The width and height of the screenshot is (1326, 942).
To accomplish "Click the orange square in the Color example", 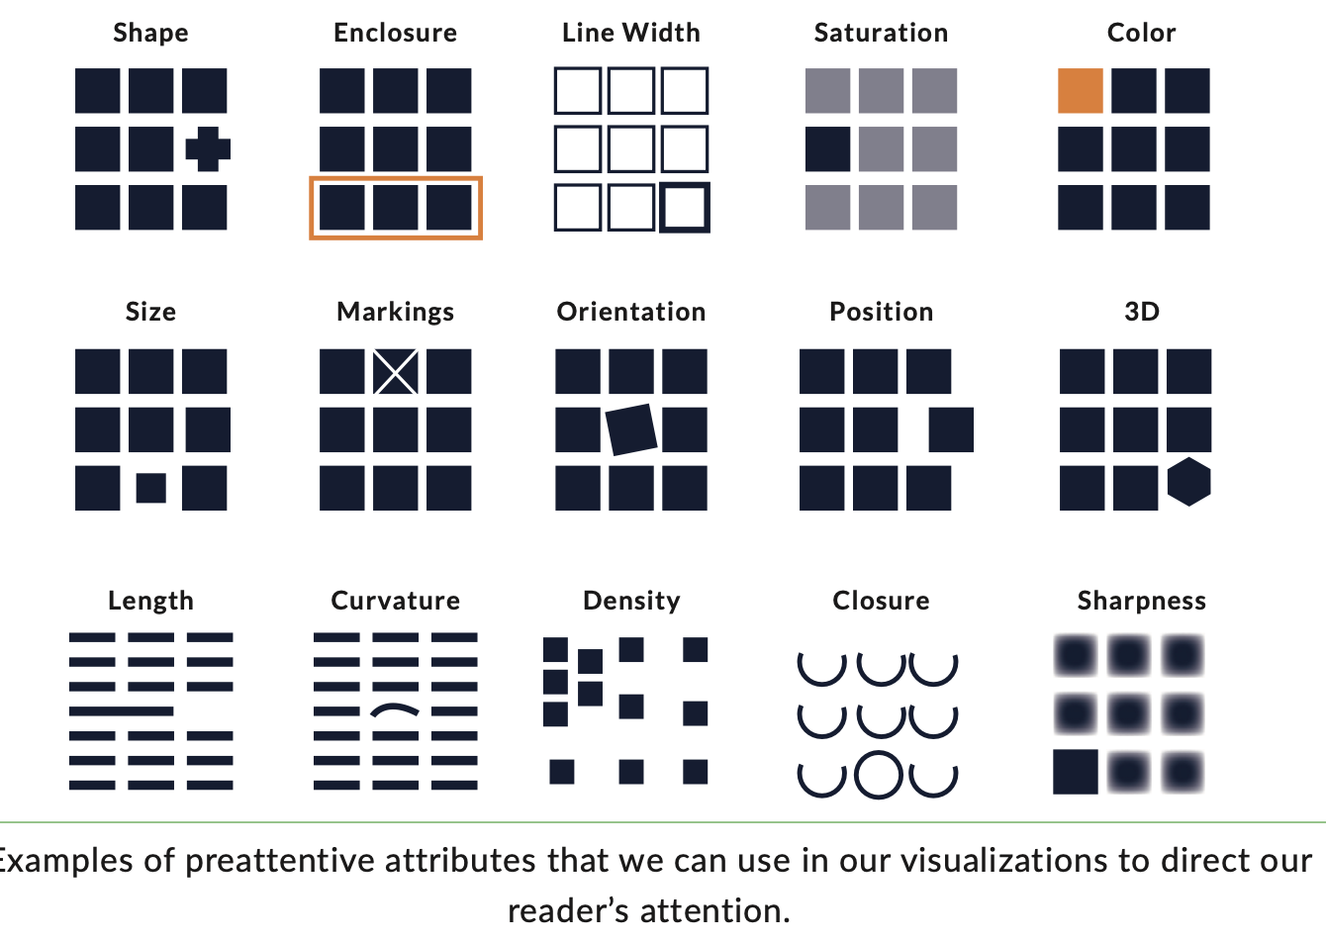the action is click(1081, 91).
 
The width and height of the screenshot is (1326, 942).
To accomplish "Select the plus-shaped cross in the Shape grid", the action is click(208, 149).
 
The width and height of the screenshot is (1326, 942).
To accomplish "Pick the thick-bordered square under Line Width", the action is click(685, 208).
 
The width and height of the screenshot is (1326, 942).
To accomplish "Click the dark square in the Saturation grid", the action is click(827, 149).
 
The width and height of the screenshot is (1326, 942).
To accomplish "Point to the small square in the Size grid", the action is click(150, 488).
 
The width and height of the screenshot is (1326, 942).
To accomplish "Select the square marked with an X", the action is click(396, 372).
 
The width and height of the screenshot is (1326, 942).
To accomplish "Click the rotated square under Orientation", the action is click(631, 429).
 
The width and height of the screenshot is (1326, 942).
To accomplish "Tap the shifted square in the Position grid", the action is click(951, 429).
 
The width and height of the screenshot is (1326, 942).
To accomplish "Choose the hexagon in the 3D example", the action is click(1188, 482).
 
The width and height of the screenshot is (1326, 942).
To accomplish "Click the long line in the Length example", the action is click(121, 710).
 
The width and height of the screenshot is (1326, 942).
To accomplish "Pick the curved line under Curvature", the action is click(395, 709).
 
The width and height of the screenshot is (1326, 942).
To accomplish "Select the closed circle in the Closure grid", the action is click(879, 775).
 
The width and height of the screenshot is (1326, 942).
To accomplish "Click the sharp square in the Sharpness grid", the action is click(1076, 772).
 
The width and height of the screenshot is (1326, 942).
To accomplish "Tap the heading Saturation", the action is click(881, 33).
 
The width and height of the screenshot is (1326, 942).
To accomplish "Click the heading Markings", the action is click(396, 312).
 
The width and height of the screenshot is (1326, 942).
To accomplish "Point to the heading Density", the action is click(631, 601).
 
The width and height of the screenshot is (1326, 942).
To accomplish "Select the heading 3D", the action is click(1142, 312).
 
